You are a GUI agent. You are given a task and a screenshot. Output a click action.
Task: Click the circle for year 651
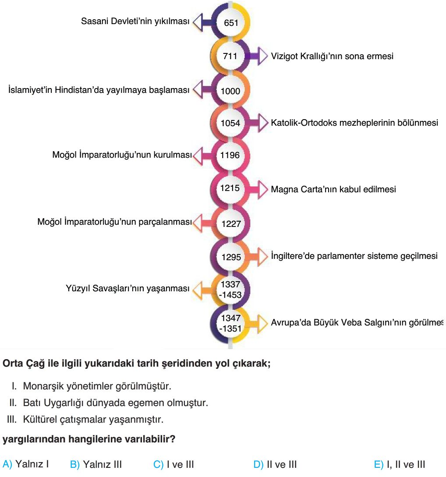click(x=230, y=22)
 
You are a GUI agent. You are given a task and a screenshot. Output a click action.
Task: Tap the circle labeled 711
click(x=230, y=56)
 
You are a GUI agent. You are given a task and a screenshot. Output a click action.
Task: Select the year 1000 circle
click(x=230, y=91)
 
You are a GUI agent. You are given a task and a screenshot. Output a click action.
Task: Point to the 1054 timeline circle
click(x=230, y=123)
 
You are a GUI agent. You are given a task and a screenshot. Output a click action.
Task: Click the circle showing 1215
click(x=230, y=188)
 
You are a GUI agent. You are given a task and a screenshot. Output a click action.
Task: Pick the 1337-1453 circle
click(x=230, y=289)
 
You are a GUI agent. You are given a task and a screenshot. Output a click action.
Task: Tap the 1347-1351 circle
click(x=230, y=323)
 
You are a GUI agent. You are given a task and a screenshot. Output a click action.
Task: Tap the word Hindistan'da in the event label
click(x=79, y=90)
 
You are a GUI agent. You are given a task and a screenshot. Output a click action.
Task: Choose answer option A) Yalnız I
click(x=25, y=464)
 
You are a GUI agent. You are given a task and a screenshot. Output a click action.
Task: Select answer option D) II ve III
click(x=275, y=465)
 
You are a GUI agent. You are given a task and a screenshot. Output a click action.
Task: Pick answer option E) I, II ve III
click(x=400, y=465)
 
